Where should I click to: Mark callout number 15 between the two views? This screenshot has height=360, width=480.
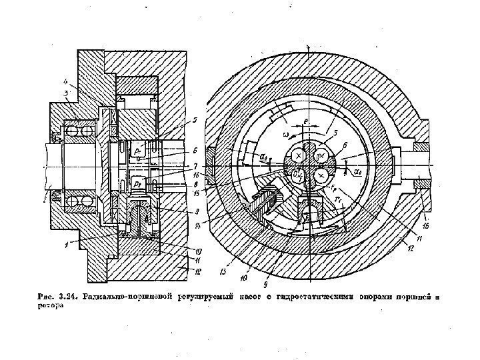pos(195,193)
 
